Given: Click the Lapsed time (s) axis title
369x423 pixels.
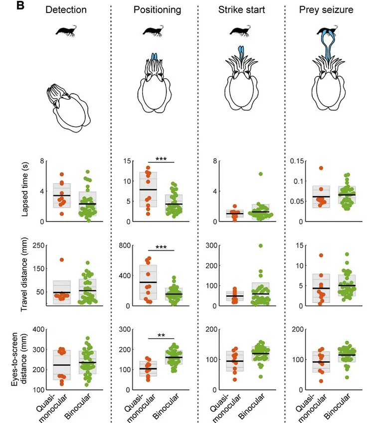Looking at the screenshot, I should (x=24, y=191).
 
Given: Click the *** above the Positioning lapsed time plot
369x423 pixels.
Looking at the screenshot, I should (x=161, y=159).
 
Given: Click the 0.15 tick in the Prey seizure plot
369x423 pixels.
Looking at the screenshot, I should (x=297, y=161).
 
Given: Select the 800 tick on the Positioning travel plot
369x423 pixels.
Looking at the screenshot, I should (x=127, y=245).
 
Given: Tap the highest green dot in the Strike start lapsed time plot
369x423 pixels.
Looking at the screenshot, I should (x=260, y=174).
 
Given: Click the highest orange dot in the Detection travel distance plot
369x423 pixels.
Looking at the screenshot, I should (x=62, y=260).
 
